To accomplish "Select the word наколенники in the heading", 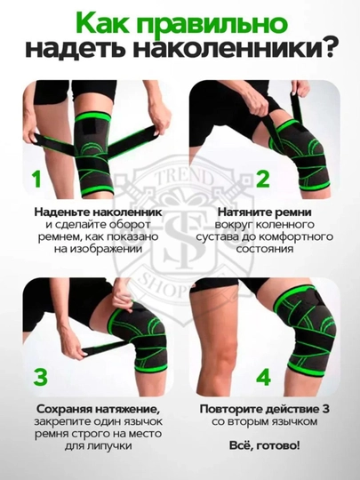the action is coord(230,50).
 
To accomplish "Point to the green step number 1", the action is coord(36,179).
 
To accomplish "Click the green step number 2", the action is coord(262,179).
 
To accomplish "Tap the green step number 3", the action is coord(40,377).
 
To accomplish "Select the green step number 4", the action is coord(263,377).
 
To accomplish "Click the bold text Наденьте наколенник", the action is coord(98,212).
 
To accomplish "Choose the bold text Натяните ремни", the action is coord(265,212).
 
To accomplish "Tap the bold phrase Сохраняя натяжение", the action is coord(99,409).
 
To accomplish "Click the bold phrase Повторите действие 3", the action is coord(265,409).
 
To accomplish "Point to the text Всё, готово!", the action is coord(265,445).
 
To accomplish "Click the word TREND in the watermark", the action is coord(184,177).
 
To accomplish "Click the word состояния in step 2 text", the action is coord(265,249).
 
